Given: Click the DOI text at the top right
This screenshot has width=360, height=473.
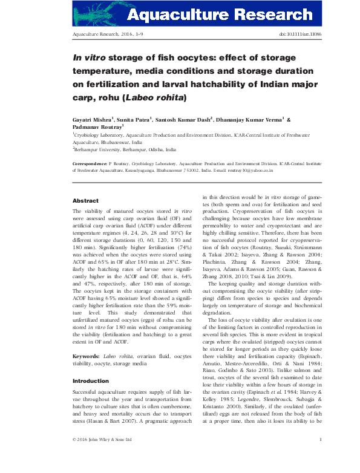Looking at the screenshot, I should tap(300, 36).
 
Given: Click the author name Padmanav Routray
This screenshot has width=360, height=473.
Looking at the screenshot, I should tap(96, 128).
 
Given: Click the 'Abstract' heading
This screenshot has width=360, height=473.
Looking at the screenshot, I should tap(85, 200).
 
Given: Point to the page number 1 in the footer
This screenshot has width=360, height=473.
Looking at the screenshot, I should tap(319, 456).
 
